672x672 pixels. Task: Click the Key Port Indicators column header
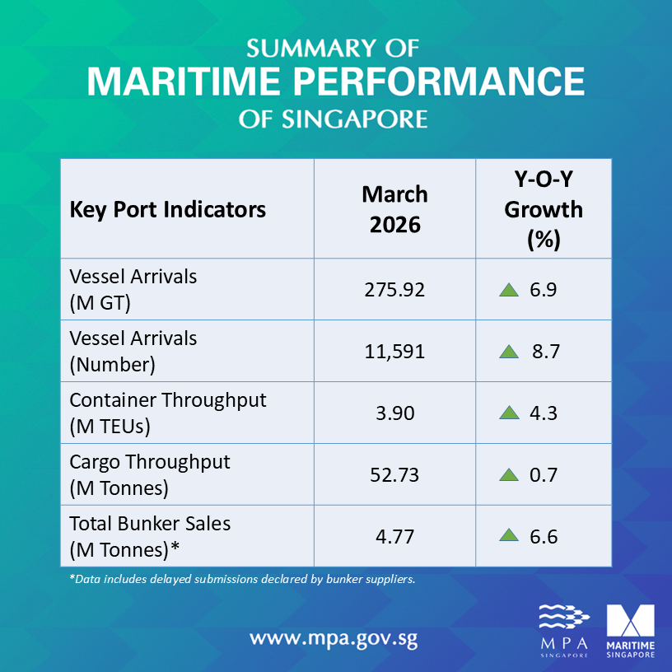[168, 209]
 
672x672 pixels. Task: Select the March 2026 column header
[394, 209]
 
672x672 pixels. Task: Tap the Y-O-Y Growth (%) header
[543, 209]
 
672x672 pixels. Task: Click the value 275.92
[394, 290]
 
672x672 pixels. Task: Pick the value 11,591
[394, 352]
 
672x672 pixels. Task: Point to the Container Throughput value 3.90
[394, 413]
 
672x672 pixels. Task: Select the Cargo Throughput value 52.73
[394, 475]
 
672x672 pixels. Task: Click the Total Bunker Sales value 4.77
[394, 537]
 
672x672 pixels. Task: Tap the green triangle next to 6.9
[508, 289]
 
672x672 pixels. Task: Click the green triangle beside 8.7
[508, 352]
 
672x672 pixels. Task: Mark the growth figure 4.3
[544, 413]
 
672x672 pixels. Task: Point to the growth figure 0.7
[544, 475]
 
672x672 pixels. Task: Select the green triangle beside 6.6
[508, 536]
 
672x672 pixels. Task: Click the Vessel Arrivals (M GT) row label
[133, 289]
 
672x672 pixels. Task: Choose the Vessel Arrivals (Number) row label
[133, 351]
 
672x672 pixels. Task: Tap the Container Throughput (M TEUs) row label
[168, 413]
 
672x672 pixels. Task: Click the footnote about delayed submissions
[242, 579]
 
